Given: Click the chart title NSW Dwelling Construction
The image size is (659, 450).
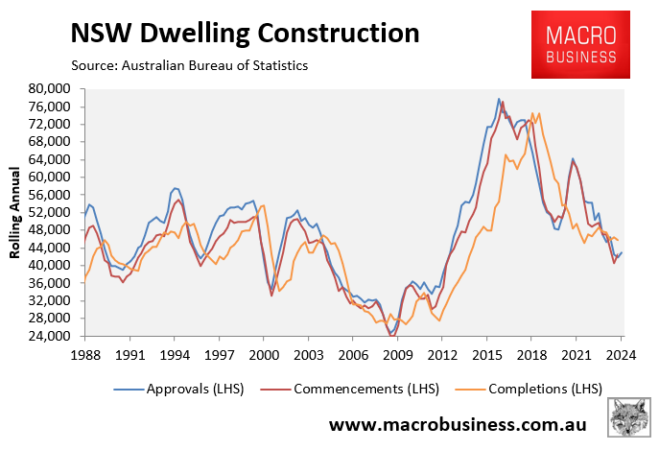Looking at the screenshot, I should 245,33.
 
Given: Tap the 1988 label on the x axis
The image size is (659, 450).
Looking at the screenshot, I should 84,353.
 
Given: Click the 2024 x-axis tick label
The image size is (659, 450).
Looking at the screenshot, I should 621,353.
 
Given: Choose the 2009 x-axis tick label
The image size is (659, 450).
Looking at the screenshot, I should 397,353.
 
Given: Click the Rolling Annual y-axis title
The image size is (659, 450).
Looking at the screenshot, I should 16,212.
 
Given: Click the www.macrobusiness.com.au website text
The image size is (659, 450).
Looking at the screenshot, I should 464,423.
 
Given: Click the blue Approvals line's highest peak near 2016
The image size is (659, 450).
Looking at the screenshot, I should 500,98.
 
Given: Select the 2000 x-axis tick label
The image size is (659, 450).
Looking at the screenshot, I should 263,353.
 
